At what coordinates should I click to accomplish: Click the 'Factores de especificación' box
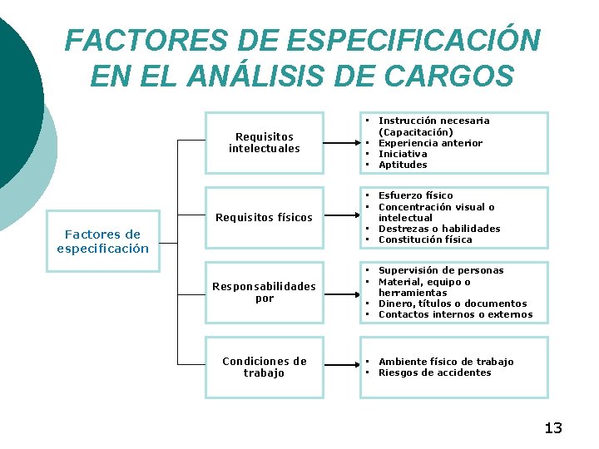click(x=102, y=241)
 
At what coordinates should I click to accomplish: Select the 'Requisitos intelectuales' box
click(x=264, y=142)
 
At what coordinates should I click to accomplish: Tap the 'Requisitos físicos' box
click(x=264, y=218)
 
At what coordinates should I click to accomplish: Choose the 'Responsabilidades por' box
click(x=264, y=292)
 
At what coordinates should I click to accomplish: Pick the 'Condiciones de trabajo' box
click(x=264, y=367)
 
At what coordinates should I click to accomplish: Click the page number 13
click(x=553, y=428)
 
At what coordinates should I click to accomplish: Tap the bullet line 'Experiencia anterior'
click(x=430, y=143)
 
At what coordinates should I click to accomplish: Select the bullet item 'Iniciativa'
click(x=403, y=154)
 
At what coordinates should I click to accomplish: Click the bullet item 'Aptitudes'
click(x=403, y=165)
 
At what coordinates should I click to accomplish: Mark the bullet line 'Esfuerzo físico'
click(x=415, y=195)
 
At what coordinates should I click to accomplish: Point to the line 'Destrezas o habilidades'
click(x=439, y=229)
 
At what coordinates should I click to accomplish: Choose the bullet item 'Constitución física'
click(x=424, y=239)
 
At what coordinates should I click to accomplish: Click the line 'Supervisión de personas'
click(x=441, y=270)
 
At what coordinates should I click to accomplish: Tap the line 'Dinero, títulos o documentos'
click(x=453, y=303)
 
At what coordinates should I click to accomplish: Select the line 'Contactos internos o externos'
click(x=455, y=314)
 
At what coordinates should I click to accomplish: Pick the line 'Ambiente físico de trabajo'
click(x=446, y=362)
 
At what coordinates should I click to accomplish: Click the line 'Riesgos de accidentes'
click(x=434, y=373)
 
